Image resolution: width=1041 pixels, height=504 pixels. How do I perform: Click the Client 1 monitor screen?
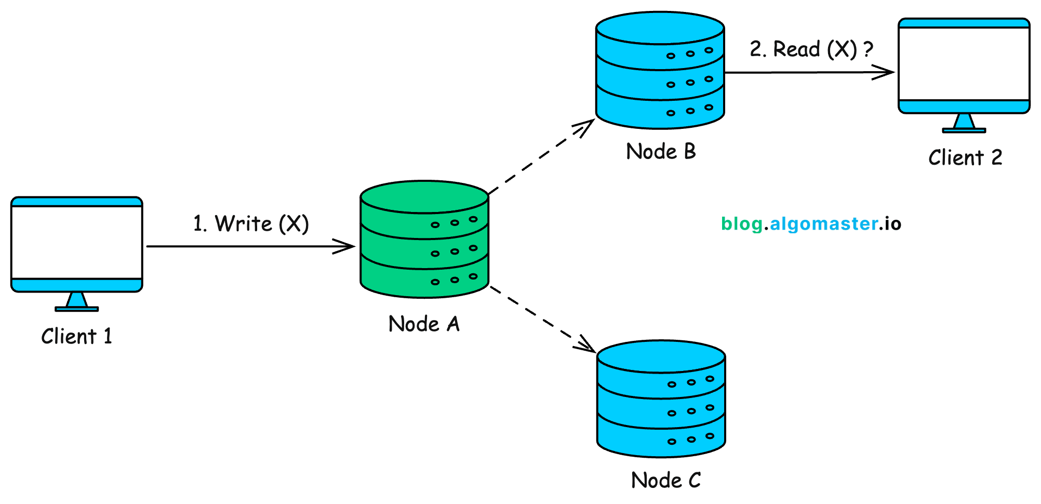(x=77, y=242)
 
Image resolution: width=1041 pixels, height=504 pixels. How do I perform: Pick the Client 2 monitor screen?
(x=964, y=64)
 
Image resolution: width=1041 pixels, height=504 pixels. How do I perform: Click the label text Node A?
(x=424, y=324)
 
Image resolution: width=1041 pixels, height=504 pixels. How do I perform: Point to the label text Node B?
(x=661, y=152)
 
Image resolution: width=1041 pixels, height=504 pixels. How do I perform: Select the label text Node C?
(x=665, y=480)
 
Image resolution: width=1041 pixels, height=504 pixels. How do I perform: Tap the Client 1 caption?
(x=76, y=337)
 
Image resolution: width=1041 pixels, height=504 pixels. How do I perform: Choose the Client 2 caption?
(x=965, y=158)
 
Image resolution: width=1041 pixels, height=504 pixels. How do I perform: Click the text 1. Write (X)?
(x=251, y=224)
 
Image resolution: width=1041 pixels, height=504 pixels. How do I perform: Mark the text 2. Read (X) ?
(x=811, y=49)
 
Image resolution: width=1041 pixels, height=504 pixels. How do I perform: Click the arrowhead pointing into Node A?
(x=347, y=246)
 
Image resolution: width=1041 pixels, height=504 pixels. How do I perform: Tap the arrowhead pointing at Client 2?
(x=886, y=72)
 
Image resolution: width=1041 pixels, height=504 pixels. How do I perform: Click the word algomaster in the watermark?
(x=824, y=224)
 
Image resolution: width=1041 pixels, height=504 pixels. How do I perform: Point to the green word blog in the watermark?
(x=741, y=224)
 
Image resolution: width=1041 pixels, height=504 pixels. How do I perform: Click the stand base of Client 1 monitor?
(x=76, y=309)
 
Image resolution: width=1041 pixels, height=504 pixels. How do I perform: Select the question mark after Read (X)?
(x=868, y=49)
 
